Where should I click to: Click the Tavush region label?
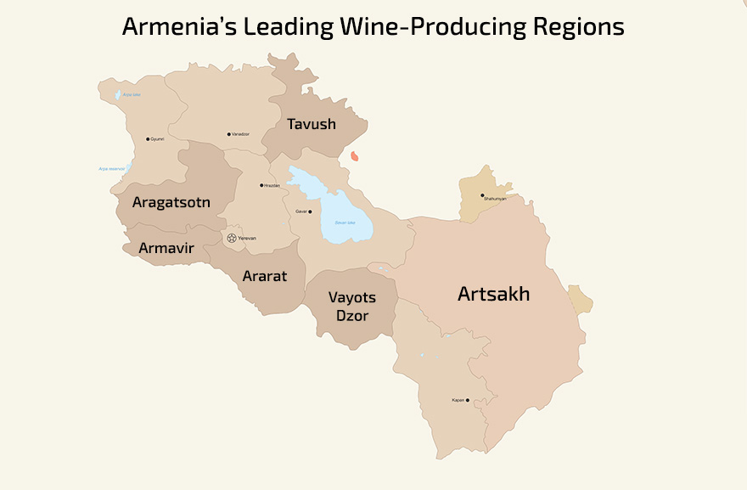click(312, 124)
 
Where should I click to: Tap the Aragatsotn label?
click(171, 202)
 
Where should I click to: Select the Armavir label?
click(166, 249)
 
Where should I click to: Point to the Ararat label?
click(265, 276)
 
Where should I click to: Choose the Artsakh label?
click(493, 294)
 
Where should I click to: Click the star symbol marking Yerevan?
click(232, 238)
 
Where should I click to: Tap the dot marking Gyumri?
click(148, 139)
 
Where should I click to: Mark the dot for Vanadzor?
click(229, 134)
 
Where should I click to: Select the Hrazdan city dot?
click(261, 185)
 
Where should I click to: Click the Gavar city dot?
click(310, 211)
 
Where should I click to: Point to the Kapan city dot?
click(468, 400)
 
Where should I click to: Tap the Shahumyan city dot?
click(482, 195)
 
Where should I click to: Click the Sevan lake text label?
click(345, 222)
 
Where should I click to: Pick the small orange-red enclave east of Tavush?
click(355, 156)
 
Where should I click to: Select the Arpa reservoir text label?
click(112, 169)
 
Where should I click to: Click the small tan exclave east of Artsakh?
click(581, 300)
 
